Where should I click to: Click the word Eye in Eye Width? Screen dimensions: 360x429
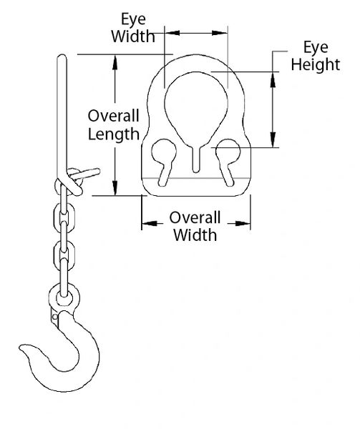tap(133, 20)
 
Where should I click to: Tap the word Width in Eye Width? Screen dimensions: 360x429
tap(133, 36)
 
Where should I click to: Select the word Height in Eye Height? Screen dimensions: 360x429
tap(316, 65)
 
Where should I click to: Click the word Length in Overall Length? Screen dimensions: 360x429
tap(114, 134)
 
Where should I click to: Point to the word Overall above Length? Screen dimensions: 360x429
tap(113, 116)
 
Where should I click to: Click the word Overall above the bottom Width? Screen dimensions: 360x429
tap(195, 218)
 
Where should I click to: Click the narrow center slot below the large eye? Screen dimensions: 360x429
tap(196, 160)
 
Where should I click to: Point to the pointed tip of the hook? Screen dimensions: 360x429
tap(20, 347)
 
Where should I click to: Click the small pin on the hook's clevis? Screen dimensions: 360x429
tap(55, 317)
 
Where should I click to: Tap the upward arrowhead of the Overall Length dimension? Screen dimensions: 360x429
tap(115, 62)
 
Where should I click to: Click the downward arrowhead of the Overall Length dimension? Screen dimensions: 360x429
tap(115, 188)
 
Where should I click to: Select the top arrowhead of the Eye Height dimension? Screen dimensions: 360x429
tap(273, 79)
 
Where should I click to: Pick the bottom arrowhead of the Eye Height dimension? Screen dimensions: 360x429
tap(273, 140)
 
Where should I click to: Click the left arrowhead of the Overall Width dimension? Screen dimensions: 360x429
tap(150, 224)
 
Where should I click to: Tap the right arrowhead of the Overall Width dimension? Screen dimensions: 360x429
tap(243, 224)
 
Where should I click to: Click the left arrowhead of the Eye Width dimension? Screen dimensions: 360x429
tap(172, 33)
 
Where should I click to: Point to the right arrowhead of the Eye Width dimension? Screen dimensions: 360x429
tap(220, 33)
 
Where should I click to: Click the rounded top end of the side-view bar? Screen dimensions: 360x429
tap(62, 57)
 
